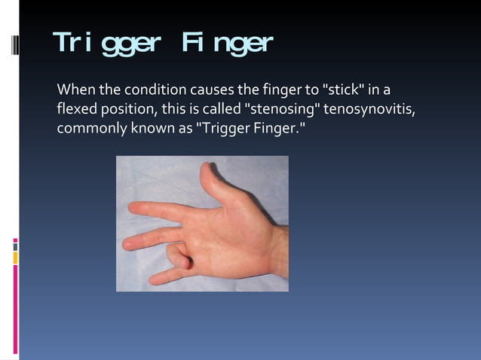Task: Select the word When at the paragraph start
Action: click(x=74, y=92)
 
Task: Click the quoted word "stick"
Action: click(x=346, y=92)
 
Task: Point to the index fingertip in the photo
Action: click(x=134, y=207)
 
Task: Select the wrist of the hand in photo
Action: click(x=275, y=252)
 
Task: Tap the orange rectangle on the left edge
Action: click(x=15, y=258)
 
